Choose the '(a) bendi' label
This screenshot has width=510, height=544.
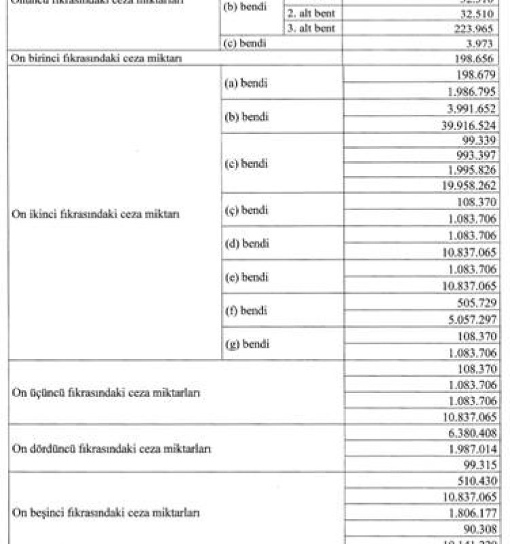(246, 84)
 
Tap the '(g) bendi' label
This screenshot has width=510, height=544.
(246, 343)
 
